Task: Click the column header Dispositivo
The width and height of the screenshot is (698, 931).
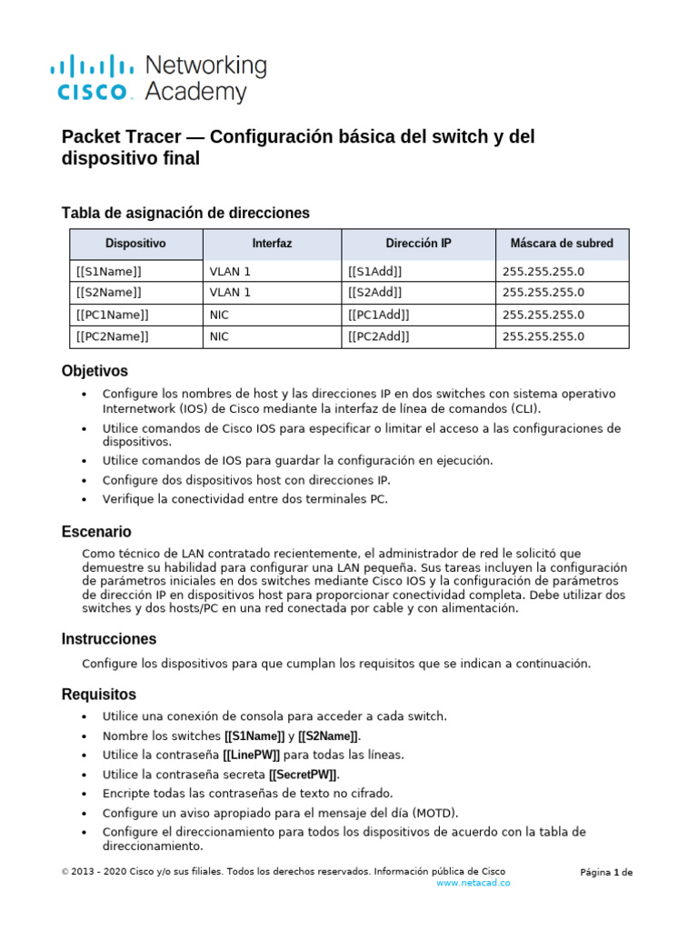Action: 135,244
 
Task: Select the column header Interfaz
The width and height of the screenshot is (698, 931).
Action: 272,244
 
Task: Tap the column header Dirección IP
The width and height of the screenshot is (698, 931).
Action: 418,244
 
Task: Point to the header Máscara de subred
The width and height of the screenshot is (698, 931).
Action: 562,244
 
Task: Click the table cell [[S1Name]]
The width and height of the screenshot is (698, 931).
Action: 109,271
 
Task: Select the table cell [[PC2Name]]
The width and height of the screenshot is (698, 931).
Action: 113,336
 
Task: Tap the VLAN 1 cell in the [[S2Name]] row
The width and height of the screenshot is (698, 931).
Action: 230,293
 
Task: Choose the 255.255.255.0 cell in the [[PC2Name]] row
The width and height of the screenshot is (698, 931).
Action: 543,336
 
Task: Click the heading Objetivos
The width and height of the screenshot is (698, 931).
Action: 95,371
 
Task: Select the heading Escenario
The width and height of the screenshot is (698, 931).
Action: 96,531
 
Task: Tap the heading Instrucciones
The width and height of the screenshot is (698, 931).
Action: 109,639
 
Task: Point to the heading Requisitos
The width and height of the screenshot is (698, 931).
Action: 98,695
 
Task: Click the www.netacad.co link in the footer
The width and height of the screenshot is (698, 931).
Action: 474,883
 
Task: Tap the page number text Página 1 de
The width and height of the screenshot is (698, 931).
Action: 606,873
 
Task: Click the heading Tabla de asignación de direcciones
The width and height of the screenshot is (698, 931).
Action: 185,213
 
